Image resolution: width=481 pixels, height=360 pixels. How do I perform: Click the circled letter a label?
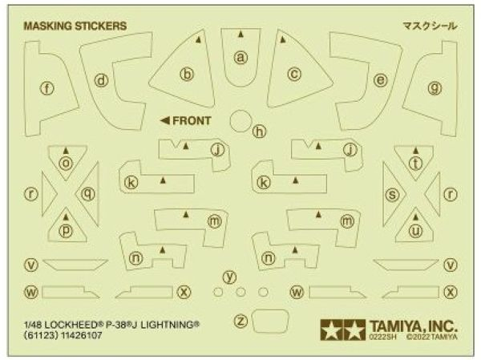[240, 58]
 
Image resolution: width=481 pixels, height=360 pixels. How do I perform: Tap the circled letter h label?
[260, 132]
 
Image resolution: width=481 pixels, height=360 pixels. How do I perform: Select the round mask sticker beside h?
[241, 121]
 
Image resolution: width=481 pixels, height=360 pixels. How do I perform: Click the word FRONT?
[192, 121]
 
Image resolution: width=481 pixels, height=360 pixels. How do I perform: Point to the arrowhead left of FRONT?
[165, 121]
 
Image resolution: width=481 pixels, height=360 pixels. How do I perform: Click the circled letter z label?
[240, 321]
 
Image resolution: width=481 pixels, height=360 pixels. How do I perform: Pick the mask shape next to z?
[270, 321]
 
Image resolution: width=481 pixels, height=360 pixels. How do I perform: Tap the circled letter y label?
[230, 277]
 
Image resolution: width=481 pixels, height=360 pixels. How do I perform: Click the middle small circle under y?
[240, 292]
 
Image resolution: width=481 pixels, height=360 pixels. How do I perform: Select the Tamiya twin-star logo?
[343, 330]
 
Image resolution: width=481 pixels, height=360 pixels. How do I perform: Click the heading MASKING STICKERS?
[75, 26]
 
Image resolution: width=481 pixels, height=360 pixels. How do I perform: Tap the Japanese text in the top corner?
[430, 26]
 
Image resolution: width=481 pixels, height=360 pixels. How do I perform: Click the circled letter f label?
[47, 89]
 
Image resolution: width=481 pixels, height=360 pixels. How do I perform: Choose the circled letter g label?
[435, 88]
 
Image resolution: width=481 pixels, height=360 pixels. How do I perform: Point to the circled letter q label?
[88, 194]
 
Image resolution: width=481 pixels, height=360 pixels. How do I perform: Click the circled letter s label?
[392, 195]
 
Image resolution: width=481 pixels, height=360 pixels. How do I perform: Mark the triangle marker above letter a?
[240, 34]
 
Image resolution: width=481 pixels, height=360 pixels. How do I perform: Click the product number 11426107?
[82, 335]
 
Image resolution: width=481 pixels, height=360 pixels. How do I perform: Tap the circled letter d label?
[101, 81]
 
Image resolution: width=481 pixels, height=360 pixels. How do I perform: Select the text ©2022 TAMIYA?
[432, 337]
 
